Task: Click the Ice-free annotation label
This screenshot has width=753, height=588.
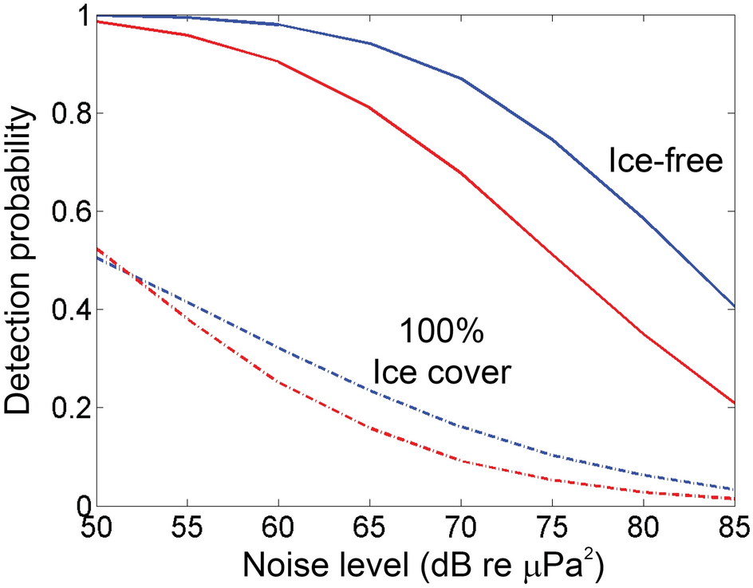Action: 664,161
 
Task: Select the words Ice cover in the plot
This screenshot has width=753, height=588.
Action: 440,371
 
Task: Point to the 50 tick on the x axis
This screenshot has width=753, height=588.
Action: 97,528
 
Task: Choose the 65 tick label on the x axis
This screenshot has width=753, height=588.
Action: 369,528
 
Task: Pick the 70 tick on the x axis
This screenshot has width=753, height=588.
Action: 461,528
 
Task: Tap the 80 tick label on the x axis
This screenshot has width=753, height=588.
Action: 643,528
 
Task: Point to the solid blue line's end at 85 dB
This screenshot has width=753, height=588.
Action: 733,306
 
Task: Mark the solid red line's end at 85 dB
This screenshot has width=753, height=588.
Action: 733,403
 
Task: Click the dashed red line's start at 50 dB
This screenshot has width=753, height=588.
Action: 98,249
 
